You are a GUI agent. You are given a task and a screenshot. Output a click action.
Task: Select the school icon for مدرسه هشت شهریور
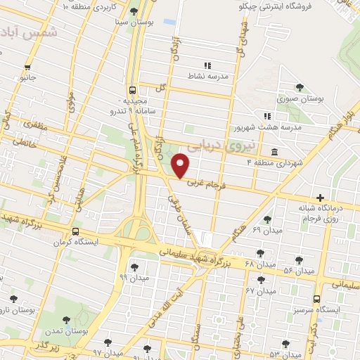pyautogui.click(x=266, y=115)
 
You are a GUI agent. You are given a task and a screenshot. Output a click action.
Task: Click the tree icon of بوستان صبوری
pyautogui.click(x=300, y=88)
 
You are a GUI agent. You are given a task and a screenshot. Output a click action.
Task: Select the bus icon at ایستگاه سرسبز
pyautogui.click(x=316, y=298)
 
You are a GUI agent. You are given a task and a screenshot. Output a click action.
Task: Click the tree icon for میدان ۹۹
pyautogui.click(x=134, y=266)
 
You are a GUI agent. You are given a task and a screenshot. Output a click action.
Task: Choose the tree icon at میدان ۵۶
pyautogui.click(x=300, y=259)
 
